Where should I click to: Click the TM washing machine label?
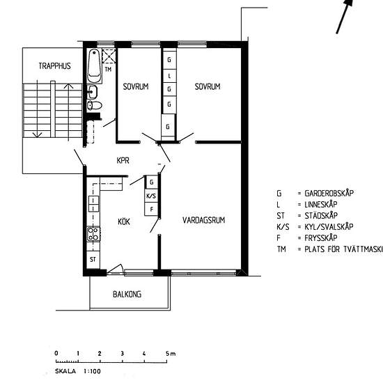(108, 69)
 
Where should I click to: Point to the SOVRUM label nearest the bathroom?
(135, 87)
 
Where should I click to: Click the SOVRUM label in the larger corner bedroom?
(208, 87)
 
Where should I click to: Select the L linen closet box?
(169, 75)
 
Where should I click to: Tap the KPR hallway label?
(124, 160)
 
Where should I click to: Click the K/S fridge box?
(151, 196)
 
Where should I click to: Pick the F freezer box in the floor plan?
(151, 209)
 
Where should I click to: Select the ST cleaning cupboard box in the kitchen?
(92, 259)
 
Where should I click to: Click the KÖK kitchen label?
(124, 221)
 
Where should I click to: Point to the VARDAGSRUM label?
(204, 221)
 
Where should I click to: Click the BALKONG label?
(127, 295)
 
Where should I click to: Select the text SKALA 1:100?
(77, 371)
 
